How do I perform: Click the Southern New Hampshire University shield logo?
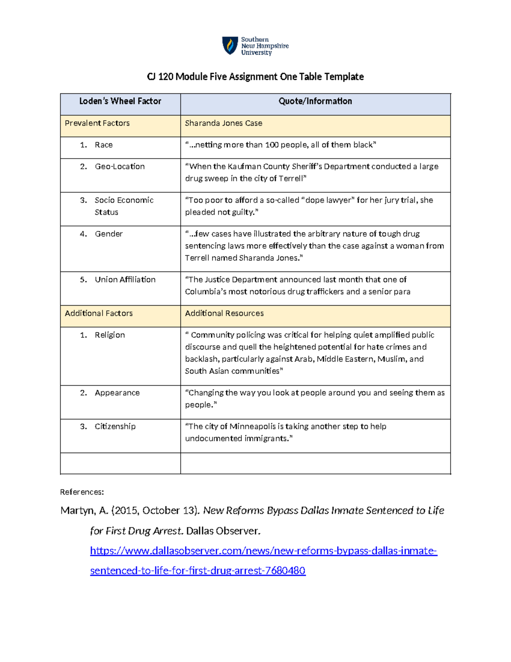tap(230, 46)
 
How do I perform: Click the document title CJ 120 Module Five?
tap(255, 77)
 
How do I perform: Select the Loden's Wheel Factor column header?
tap(120, 101)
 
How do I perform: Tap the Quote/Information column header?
tap(315, 101)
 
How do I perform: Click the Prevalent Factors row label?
tap(97, 123)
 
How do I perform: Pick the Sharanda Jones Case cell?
tap(224, 123)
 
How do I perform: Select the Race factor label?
tap(103, 145)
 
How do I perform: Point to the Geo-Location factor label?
tap(120, 167)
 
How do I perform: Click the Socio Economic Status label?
tap(123, 206)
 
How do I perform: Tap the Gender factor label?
tap(109, 234)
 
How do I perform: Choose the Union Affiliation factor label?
tap(125, 280)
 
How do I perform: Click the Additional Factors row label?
tap(99, 313)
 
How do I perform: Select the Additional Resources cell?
tap(224, 313)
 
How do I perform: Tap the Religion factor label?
tap(110, 335)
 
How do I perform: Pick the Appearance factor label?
tap(117, 393)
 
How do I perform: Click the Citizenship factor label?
tap(115, 427)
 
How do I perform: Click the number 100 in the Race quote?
tap(272, 145)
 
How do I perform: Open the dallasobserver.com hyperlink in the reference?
tap(263, 551)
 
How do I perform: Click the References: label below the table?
tap(82, 492)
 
